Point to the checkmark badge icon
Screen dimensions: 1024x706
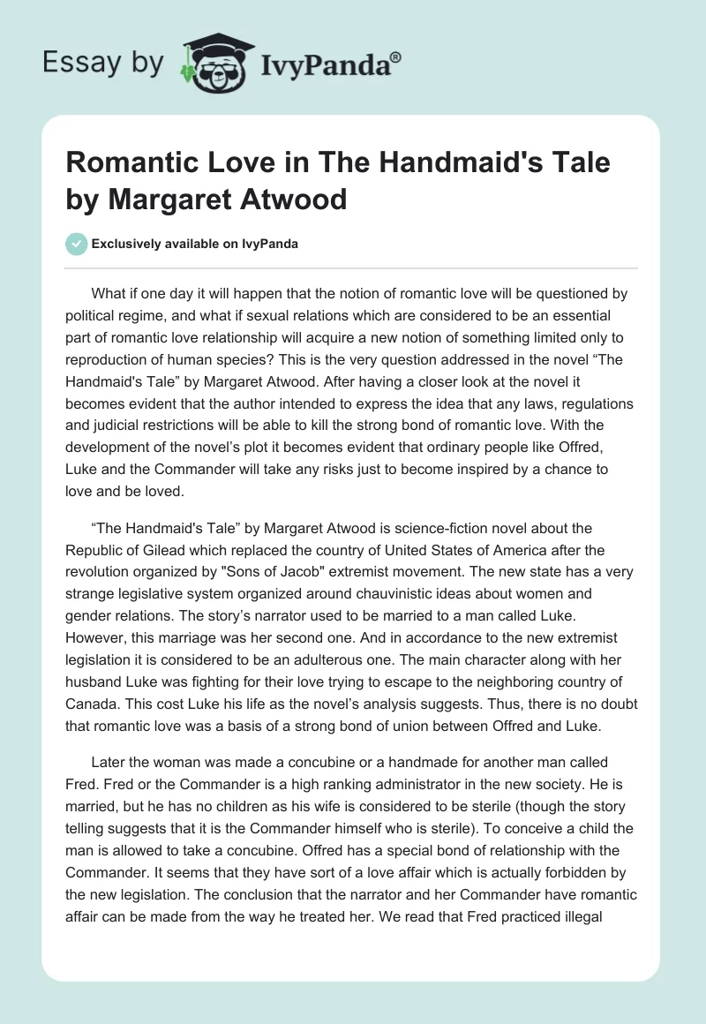[76, 244]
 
